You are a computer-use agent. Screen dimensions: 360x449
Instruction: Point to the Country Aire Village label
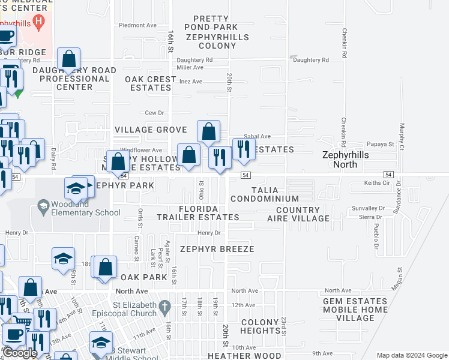pos(303,214)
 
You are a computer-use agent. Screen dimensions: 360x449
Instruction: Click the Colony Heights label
pos(261,326)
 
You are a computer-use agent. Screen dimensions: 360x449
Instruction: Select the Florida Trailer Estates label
pos(198,212)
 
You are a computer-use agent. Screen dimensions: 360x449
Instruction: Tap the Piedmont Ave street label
pos(137,25)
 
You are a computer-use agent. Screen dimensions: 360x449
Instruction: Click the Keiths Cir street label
pos(377,182)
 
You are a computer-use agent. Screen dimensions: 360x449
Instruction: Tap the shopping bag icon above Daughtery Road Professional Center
pos(69,60)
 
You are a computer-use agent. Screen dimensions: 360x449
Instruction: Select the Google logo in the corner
pos(20,353)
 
